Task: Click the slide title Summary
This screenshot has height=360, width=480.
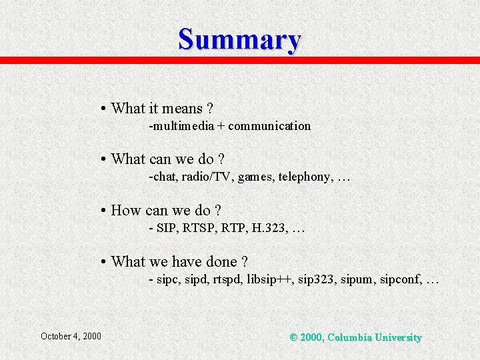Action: pos(239,39)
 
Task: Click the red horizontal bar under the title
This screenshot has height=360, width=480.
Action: pos(240,60)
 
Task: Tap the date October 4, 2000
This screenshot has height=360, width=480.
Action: pos(71,336)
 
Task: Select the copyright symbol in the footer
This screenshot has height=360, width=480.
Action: pos(294,337)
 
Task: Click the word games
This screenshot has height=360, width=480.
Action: pos(255,177)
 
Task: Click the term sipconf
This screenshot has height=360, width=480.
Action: pos(399,279)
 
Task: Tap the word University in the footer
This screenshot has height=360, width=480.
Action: pos(397,337)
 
